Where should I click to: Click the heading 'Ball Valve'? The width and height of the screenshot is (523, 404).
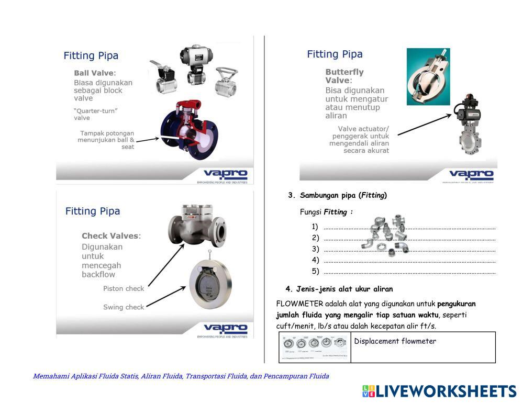pyautogui.click(x=95, y=73)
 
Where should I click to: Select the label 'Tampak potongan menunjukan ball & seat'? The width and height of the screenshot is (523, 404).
pyautogui.click(x=107, y=140)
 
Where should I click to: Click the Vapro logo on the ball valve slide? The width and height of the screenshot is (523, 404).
pyautogui.click(x=225, y=174)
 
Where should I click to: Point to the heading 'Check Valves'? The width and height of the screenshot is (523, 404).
pyautogui.click(x=111, y=235)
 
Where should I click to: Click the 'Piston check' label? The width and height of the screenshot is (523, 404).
pyautogui.click(x=123, y=288)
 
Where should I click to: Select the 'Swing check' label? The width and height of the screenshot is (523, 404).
pyautogui.click(x=123, y=307)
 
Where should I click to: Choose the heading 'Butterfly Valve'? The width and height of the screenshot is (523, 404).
pyautogui.click(x=344, y=76)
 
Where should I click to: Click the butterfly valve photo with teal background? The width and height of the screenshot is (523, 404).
pyautogui.click(x=428, y=76)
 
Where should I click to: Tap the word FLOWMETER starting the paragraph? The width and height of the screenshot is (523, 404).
pyautogui.click(x=299, y=304)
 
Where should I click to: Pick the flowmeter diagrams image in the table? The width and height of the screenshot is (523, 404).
pyautogui.click(x=315, y=346)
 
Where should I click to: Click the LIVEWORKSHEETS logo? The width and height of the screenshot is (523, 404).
pyautogui.click(x=439, y=391)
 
